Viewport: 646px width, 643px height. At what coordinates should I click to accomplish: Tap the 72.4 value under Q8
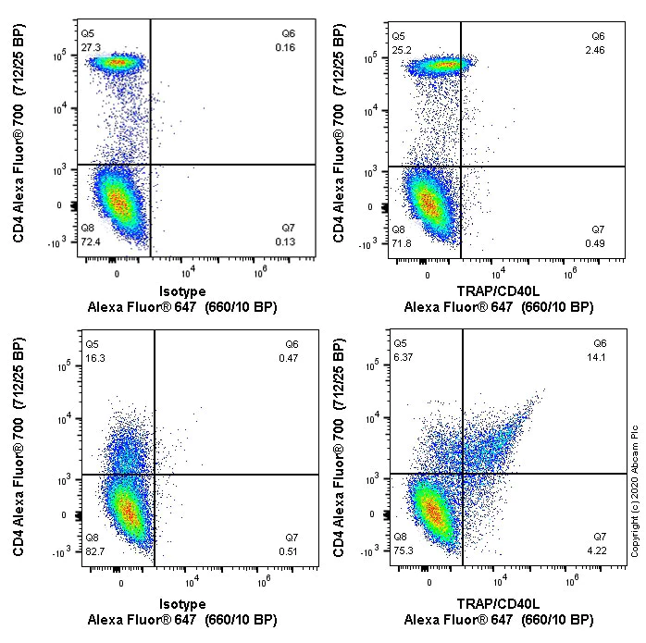click(x=91, y=241)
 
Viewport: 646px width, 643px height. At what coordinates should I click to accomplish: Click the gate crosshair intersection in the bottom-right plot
click(x=462, y=475)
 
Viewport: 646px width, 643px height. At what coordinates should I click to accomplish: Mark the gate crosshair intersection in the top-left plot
click(x=150, y=165)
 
